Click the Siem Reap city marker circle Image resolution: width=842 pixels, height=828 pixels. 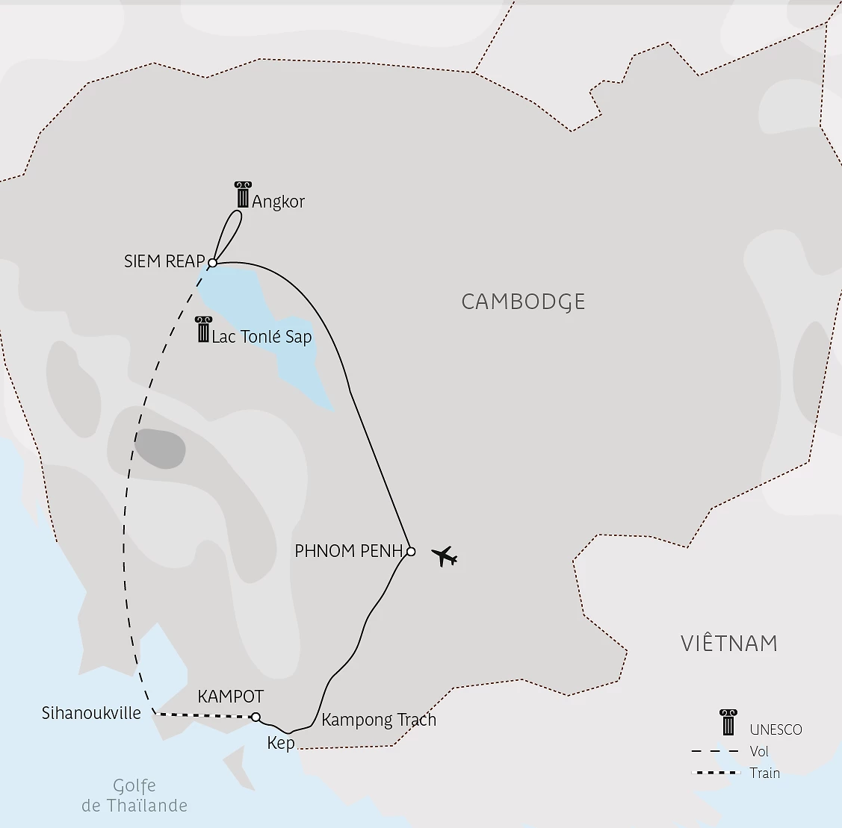[212, 263]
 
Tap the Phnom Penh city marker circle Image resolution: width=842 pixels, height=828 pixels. [410, 552]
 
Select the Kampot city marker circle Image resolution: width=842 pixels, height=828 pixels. [256, 718]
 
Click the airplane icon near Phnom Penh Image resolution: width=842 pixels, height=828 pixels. [445, 556]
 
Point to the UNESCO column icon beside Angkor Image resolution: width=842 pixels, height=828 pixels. [242, 195]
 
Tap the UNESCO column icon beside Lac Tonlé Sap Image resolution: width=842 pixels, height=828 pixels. [202, 329]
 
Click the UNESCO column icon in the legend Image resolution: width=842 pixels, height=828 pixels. [728, 723]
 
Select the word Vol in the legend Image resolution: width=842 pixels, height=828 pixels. [759, 752]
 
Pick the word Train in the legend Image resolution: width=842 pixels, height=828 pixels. [765, 773]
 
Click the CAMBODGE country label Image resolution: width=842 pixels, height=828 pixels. [523, 302]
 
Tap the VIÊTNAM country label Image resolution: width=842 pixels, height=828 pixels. [729, 644]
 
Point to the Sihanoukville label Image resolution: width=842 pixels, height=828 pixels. [91, 713]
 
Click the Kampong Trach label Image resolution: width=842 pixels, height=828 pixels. [379, 720]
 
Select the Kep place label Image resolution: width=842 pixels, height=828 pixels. [281, 744]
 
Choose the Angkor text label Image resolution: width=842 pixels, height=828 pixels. [279, 202]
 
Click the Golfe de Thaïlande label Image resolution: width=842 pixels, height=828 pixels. [134, 796]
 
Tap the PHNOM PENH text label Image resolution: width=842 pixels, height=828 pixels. [349, 552]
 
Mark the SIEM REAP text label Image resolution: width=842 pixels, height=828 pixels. [164, 261]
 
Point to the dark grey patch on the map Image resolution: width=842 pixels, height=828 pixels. [160, 449]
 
